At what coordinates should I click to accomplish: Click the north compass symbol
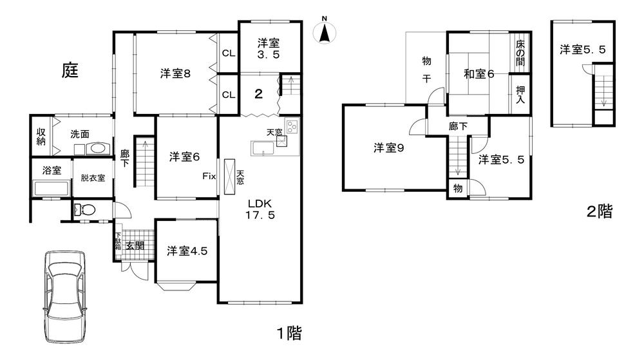click(325, 32)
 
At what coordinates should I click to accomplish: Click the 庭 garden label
click(70, 70)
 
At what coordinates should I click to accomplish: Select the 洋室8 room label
click(175, 74)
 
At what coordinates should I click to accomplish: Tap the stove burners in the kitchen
click(292, 126)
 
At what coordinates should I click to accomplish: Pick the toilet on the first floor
click(85, 209)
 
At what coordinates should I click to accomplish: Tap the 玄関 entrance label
click(135, 245)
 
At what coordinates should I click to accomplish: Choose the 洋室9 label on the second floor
click(388, 148)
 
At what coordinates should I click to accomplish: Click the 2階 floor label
click(598, 211)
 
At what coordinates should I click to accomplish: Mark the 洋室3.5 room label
click(269, 49)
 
